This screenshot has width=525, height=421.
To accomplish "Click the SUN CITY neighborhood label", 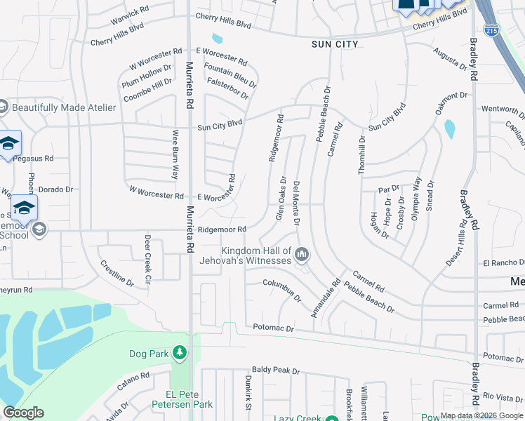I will coord(335,44).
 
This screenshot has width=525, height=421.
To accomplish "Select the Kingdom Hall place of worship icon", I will coord(303,254).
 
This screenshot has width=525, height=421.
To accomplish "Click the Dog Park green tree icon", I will coord(180,352).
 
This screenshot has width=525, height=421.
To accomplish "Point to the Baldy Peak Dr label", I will coord(275,370).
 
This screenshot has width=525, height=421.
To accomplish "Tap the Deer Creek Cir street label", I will coord(147,258).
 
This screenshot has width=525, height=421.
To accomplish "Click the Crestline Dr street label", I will coord(117,274).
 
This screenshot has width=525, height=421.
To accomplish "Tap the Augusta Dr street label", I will coord(451,59).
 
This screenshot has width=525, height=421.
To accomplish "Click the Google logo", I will coord(23,413).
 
